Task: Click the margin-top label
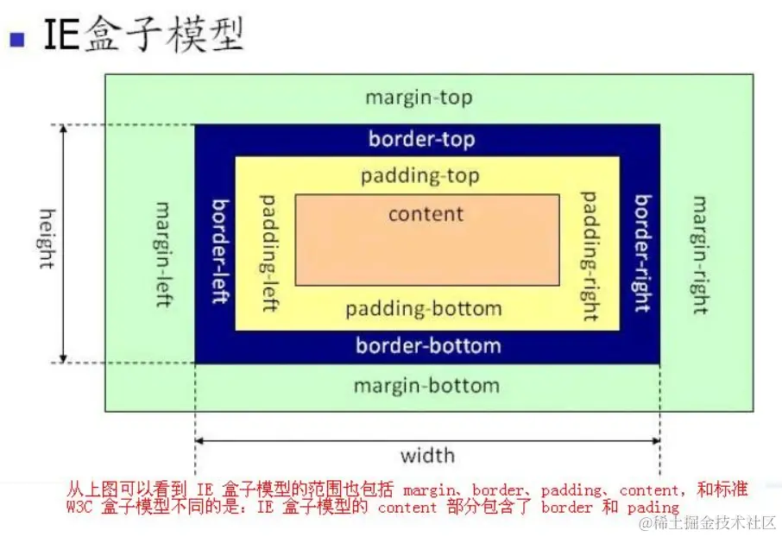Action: pos(419,98)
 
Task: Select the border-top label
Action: pos(421,139)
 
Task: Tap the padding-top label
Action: pos(420,176)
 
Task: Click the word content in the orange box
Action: pos(426,214)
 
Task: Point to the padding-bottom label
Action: pos(423,309)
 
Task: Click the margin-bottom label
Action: pos(426,386)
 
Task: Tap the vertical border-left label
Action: pos(221,251)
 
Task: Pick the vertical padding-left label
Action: pos(268,253)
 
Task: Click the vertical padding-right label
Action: pos(590,256)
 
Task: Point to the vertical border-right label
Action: pos(642,254)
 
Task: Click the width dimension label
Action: pos(427,455)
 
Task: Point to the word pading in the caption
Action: pos(654,508)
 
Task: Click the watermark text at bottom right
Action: pos(707,523)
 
